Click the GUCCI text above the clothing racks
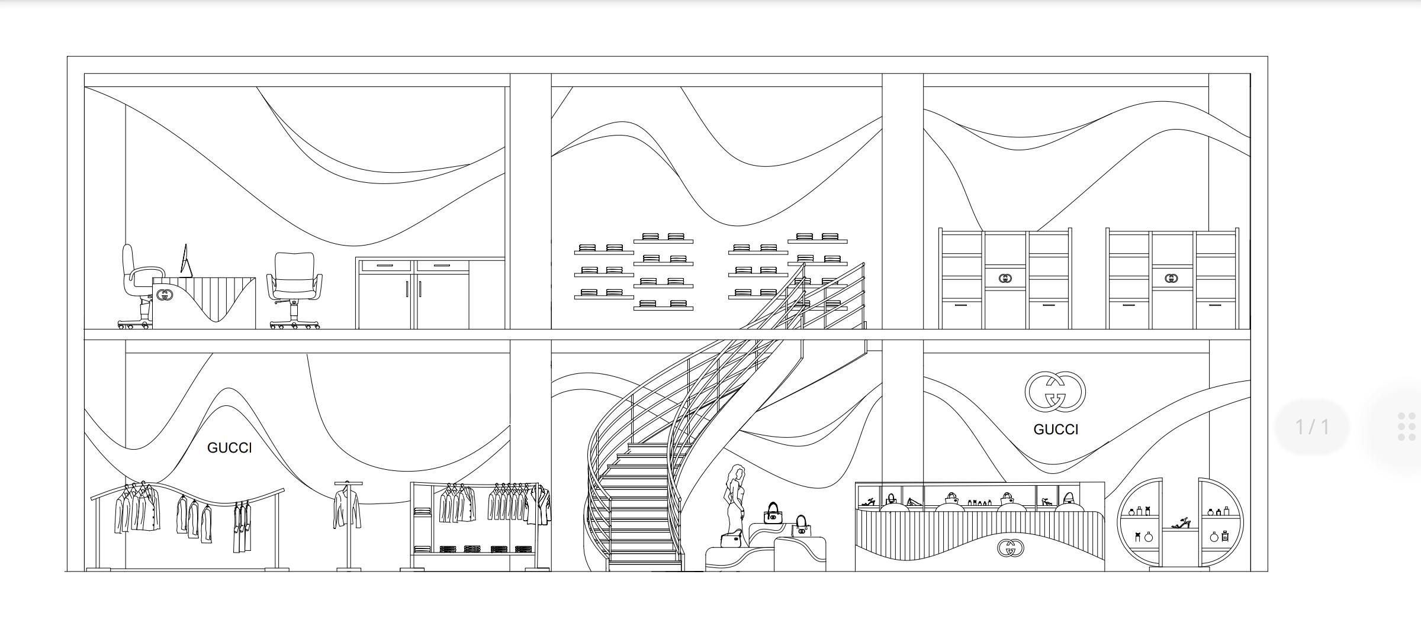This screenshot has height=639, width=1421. [229, 448]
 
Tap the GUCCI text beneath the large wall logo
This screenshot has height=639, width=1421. [1056, 430]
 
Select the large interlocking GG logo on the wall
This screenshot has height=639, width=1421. [1055, 391]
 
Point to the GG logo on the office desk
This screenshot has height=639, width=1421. [165, 295]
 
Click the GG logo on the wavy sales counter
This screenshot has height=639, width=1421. [1011, 548]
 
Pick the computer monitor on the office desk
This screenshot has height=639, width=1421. [186, 260]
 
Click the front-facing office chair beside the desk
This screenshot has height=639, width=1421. [295, 291]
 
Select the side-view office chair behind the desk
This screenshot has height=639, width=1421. [139, 286]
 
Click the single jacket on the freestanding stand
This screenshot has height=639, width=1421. [348, 508]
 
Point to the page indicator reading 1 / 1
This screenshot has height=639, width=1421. [1312, 427]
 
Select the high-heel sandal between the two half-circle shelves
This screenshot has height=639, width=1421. [1181, 523]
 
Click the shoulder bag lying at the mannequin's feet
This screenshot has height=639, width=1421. [732, 540]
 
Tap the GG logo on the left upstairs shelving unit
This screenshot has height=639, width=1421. [1005, 278]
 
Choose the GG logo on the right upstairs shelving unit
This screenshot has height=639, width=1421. [1171, 278]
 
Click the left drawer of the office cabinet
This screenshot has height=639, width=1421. [385, 266]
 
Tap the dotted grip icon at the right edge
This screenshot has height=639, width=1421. [1406, 427]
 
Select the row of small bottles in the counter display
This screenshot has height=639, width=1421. [979, 502]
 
